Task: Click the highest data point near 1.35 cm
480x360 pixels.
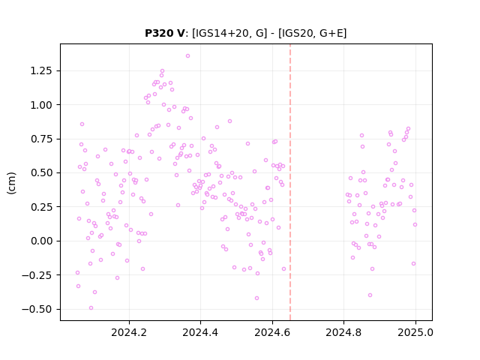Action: pyautogui.click(x=187, y=56)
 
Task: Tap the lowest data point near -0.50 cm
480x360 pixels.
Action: pyautogui.click(x=91, y=308)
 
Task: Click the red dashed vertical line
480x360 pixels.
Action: pyautogui.click(x=290, y=182)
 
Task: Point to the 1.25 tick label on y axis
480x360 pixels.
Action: pyautogui.click(x=41, y=70)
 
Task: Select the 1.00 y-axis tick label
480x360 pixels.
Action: pyautogui.click(x=41, y=105)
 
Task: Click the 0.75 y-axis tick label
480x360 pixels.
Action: pyautogui.click(x=41, y=139)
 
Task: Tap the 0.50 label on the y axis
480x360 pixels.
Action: pyautogui.click(x=41, y=173)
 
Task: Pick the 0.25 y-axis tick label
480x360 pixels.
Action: pyautogui.click(x=41, y=207)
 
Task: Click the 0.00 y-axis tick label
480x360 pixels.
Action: pyautogui.click(x=41, y=241)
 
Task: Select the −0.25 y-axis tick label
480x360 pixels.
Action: pyautogui.click(x=37, y=275)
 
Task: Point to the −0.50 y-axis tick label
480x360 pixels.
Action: pyautogui.click(x=37, y=309)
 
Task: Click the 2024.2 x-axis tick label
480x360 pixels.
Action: pyautogui.click(x=129, y=332)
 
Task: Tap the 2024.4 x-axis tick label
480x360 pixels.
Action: pyautogui.click(x=200, y=332)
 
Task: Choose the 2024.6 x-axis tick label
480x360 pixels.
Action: pyautogui.click(x=272, y=332)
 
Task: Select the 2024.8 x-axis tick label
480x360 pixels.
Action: pyautogui.click(x=343, y=332)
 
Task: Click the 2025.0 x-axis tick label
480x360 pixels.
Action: pyautogui.click(x=415, y=332)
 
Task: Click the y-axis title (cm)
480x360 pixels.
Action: pyautogui.click(x=11, y=183)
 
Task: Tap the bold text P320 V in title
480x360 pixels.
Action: pyautogui.click(x=165, y=33)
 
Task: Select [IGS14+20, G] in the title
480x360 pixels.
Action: pyautogui.click(x=229, y=33)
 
